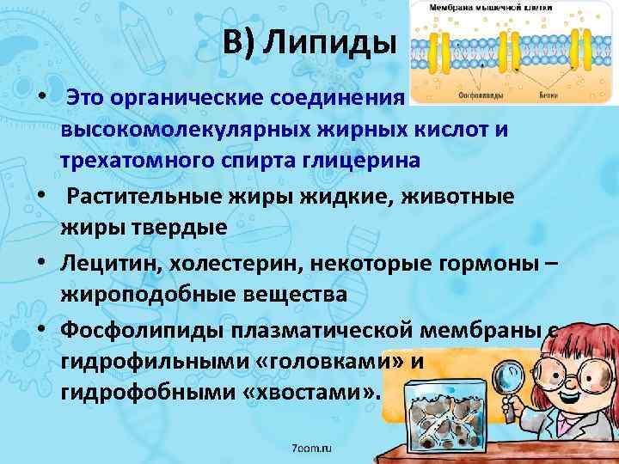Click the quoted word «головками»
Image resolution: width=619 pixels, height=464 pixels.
(331, 362)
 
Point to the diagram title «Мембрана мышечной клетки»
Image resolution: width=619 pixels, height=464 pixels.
(469, 6)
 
